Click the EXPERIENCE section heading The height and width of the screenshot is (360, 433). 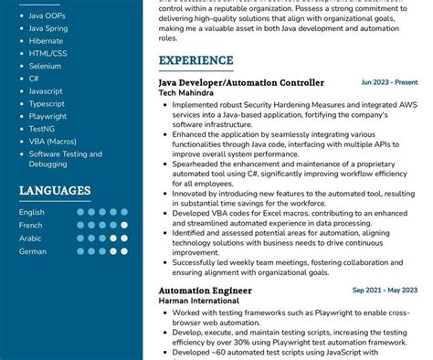[x=195, y=61]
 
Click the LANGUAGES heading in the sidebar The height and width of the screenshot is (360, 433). [x=55, y=191]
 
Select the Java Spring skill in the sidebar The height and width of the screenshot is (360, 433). [x=48, y=28]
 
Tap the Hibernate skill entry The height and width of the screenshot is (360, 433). [x=46, y=41]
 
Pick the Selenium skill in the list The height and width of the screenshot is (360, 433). [x=45, y=66]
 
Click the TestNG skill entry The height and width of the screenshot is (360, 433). [x=42, y=129]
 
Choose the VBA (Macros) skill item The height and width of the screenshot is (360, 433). [x=53, y=142]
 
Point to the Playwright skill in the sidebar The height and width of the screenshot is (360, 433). [x=48, y=116]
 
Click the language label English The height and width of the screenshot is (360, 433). [x=32, y=212]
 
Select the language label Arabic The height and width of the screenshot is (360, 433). [x=30, y=238]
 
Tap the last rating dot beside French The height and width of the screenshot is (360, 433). [x=124, y=225]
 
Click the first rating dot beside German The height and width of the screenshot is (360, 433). [x=80, y=250]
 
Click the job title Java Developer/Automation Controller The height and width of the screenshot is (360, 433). [x=241, y=83]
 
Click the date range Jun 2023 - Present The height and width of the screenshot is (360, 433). [x=389, y=82]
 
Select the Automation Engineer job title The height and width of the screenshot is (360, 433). [x=204, y=291]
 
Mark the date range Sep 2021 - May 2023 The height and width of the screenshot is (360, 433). [x=385, y=291]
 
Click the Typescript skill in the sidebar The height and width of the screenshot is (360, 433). [x=47, y=103]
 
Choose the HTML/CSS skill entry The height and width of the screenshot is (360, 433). [x=48, y=53]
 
